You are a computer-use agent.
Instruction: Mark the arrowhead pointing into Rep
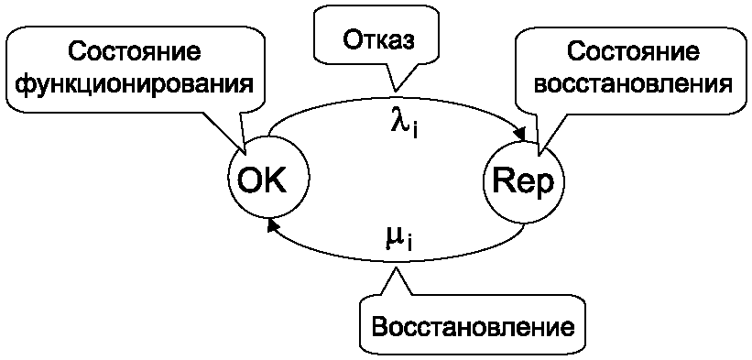pos(519,134)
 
